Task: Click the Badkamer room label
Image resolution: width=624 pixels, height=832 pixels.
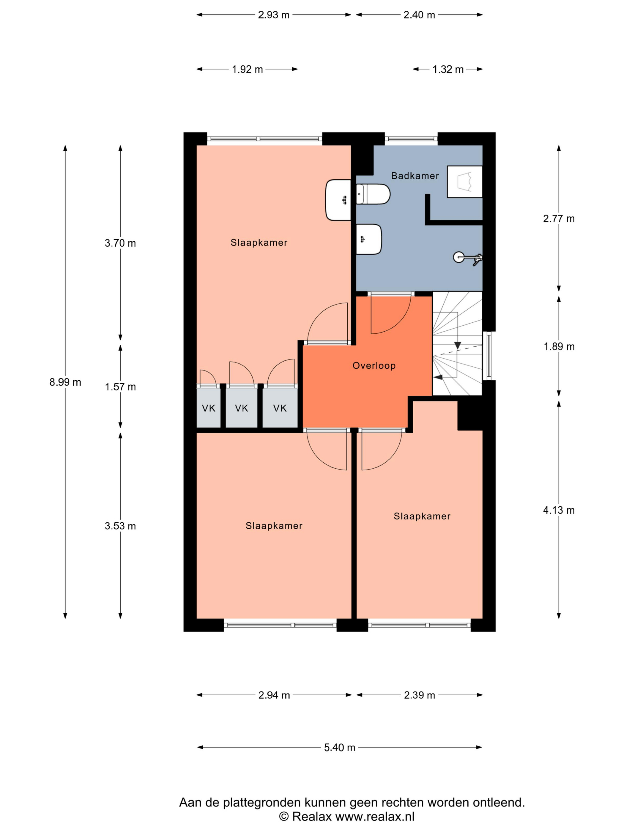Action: coord(415,176)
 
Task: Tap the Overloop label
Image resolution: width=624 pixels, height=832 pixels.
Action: coord(374,365)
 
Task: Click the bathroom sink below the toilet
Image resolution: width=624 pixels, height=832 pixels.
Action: coord(369,239)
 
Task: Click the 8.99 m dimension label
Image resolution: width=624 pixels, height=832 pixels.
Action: coord(65,382)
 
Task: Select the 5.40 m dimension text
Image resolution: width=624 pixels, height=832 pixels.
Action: coord(340,747)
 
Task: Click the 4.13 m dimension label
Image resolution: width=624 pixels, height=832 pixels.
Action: coord(559,510)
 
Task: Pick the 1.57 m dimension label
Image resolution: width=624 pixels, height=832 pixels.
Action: coord(120,387)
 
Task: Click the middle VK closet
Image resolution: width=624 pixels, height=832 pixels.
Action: coord(242,408)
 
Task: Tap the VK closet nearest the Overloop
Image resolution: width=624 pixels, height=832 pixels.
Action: coord(280,408)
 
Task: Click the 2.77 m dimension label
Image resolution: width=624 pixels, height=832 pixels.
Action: coord(559,218)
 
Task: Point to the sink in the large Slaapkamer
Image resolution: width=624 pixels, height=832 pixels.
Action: coord(338,200)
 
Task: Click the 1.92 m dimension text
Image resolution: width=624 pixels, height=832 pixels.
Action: coord(247,69)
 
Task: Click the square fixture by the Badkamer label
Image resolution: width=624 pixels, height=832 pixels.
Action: coord(464,182)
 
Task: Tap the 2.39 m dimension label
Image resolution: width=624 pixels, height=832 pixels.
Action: coord(419,695)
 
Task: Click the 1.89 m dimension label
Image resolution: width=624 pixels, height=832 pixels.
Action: coord(559,346)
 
